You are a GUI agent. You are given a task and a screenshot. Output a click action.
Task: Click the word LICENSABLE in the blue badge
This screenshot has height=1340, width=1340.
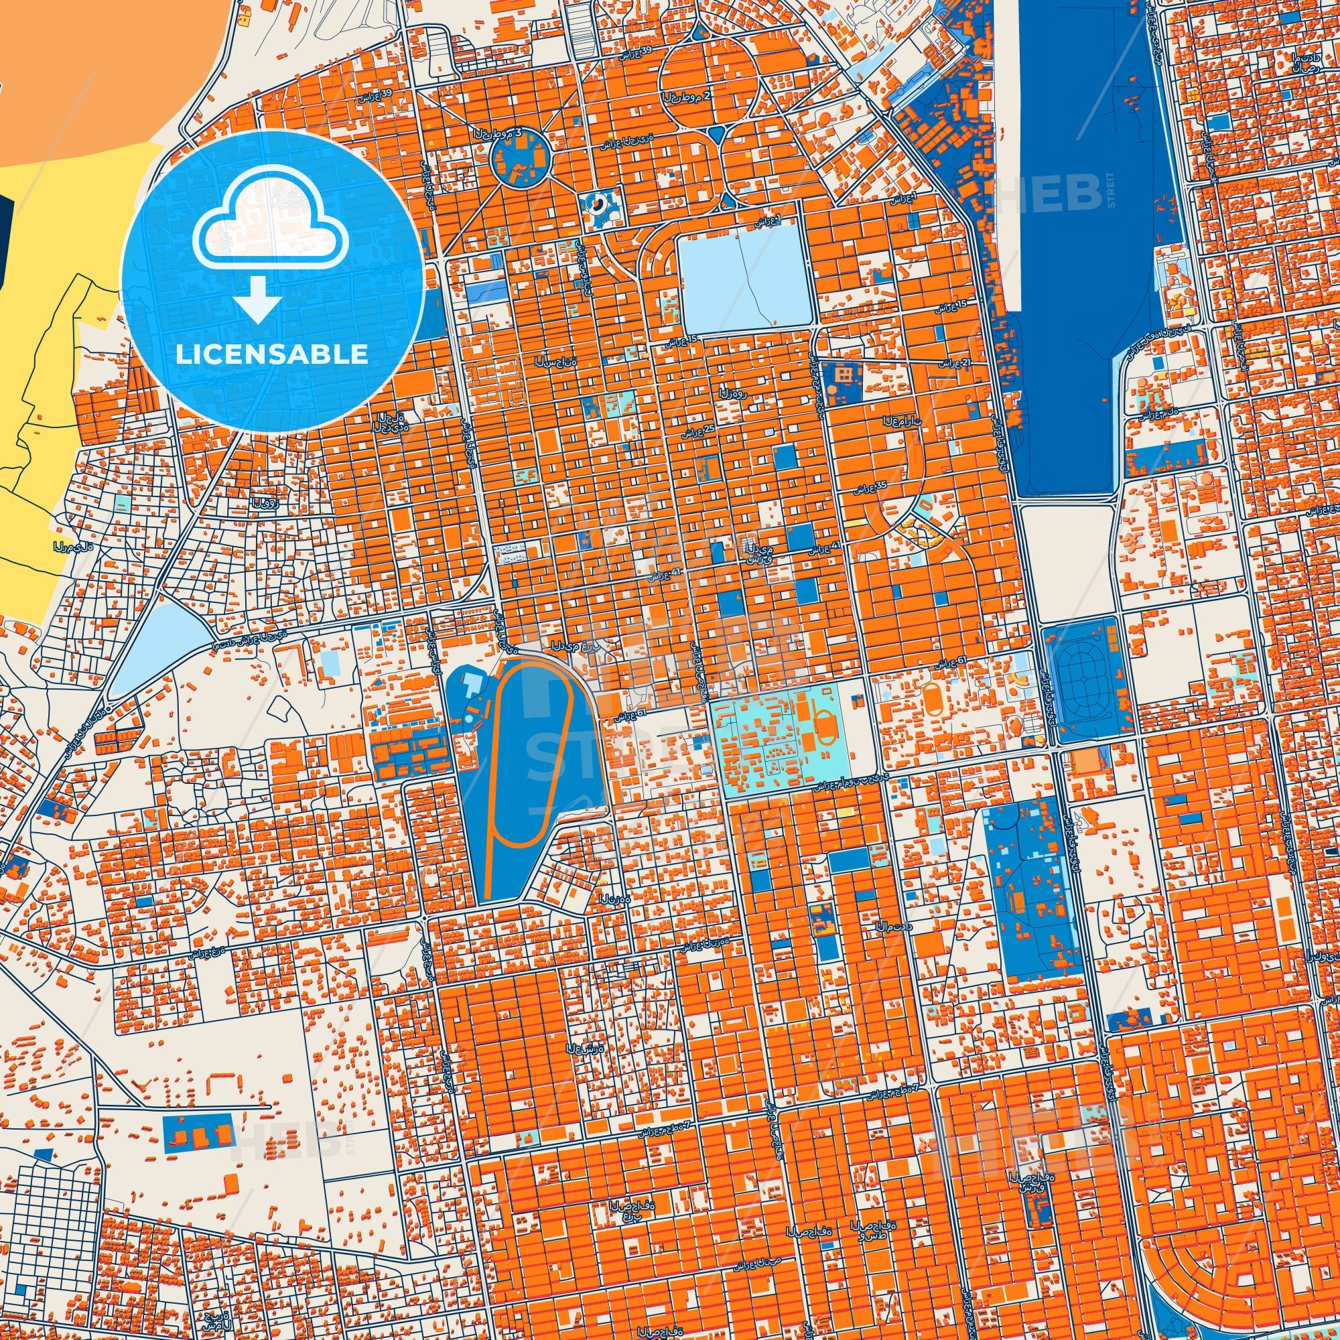pyautogui.click(x=272, y=354)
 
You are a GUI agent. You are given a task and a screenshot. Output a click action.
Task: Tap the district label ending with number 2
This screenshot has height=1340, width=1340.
pyautogui.click(x=686, y=96)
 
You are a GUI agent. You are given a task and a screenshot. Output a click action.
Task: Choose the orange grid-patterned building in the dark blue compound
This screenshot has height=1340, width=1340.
pyautogui.click(x=844, y=375)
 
